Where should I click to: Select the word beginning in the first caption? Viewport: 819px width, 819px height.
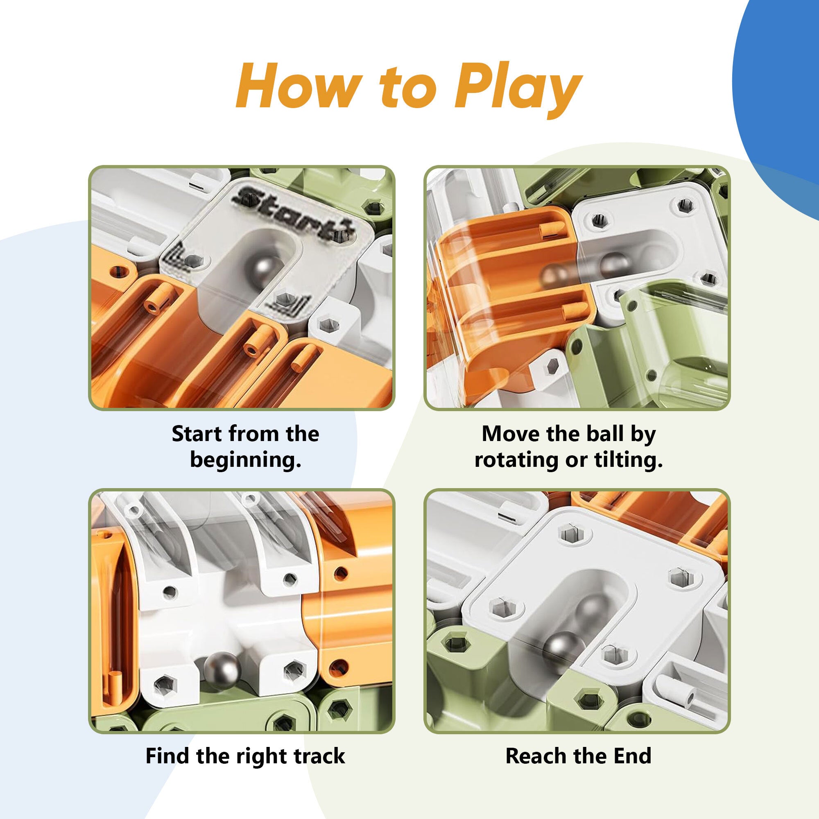(245, 459)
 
